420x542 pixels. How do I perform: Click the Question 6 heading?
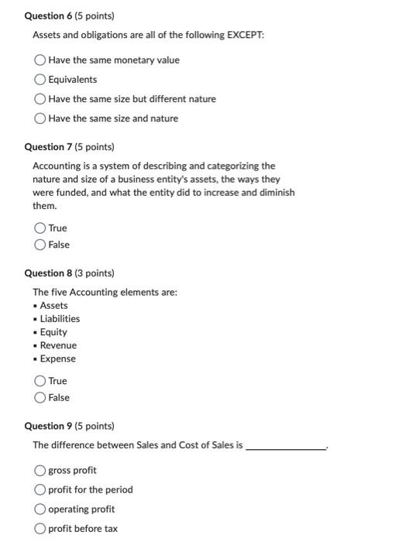69,15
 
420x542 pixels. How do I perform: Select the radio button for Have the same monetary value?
40,60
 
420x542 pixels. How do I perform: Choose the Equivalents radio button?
40,80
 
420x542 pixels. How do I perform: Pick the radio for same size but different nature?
40,99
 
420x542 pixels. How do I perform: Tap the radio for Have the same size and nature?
40,118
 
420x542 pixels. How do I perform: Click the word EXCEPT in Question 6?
246,35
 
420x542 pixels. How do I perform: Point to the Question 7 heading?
69,146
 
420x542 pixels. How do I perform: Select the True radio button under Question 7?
40,228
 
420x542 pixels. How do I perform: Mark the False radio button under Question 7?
40,245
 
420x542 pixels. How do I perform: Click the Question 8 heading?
69,273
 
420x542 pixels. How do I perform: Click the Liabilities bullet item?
60,319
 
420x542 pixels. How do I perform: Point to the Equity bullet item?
53,332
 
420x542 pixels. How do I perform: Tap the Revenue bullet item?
58,345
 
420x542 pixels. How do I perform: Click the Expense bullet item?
57,358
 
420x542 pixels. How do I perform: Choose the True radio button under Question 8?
40,381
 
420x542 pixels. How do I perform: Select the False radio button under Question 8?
40,398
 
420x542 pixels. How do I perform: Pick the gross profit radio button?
40,471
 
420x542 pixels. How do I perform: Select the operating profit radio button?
40,509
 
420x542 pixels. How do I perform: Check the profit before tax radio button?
40,529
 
